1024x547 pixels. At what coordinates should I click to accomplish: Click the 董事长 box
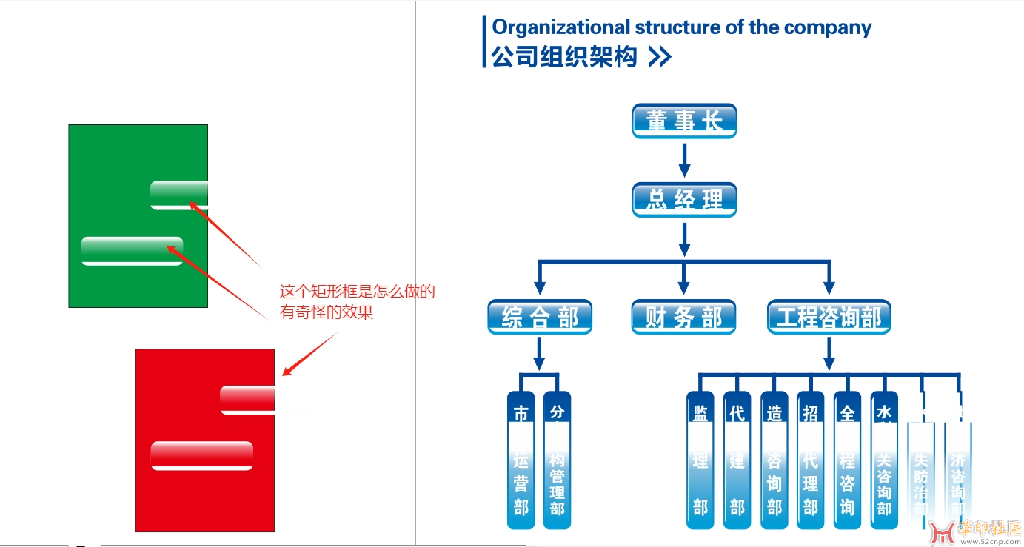click(684, 121)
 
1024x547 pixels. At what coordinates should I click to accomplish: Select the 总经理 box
click(684, 200)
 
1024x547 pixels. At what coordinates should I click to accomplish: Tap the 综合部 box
click(540, 318)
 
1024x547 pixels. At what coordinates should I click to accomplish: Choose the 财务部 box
click(683, 318)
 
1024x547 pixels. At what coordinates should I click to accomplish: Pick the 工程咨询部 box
click(829, 318)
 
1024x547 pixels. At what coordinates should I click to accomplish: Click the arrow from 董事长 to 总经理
click(684, 160)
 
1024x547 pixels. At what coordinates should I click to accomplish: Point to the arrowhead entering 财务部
click(683, 287)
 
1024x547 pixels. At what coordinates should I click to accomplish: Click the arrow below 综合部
click(539, 353)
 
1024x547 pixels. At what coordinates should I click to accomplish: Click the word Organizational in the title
click(560, 27)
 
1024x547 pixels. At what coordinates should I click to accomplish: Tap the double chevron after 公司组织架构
click(659, 57)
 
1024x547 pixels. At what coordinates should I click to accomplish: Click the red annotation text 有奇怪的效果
click(326, 312)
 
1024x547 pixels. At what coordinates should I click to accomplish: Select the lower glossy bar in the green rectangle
click(132, 251)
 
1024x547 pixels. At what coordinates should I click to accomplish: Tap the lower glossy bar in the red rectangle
click(201, 455)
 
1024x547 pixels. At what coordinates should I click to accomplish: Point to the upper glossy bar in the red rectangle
click(247, 400)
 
